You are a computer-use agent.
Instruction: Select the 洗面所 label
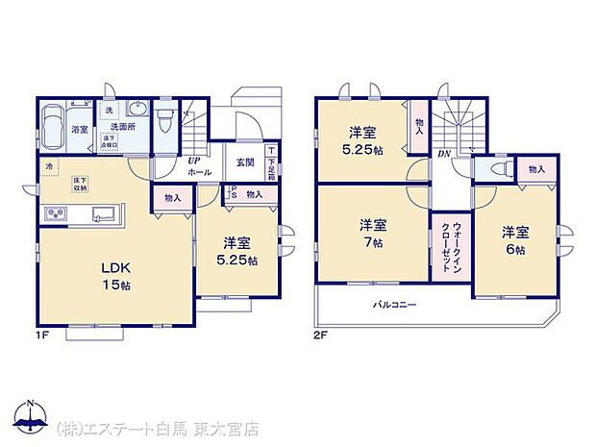click(119, 126)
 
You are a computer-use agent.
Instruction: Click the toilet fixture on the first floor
click(165, 121)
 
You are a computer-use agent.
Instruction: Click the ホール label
click(199, 171)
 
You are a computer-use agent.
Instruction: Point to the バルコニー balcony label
click(394, 304)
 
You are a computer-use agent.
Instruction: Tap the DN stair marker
click(444, 154)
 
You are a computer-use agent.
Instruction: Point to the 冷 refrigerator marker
click(46, 166)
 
